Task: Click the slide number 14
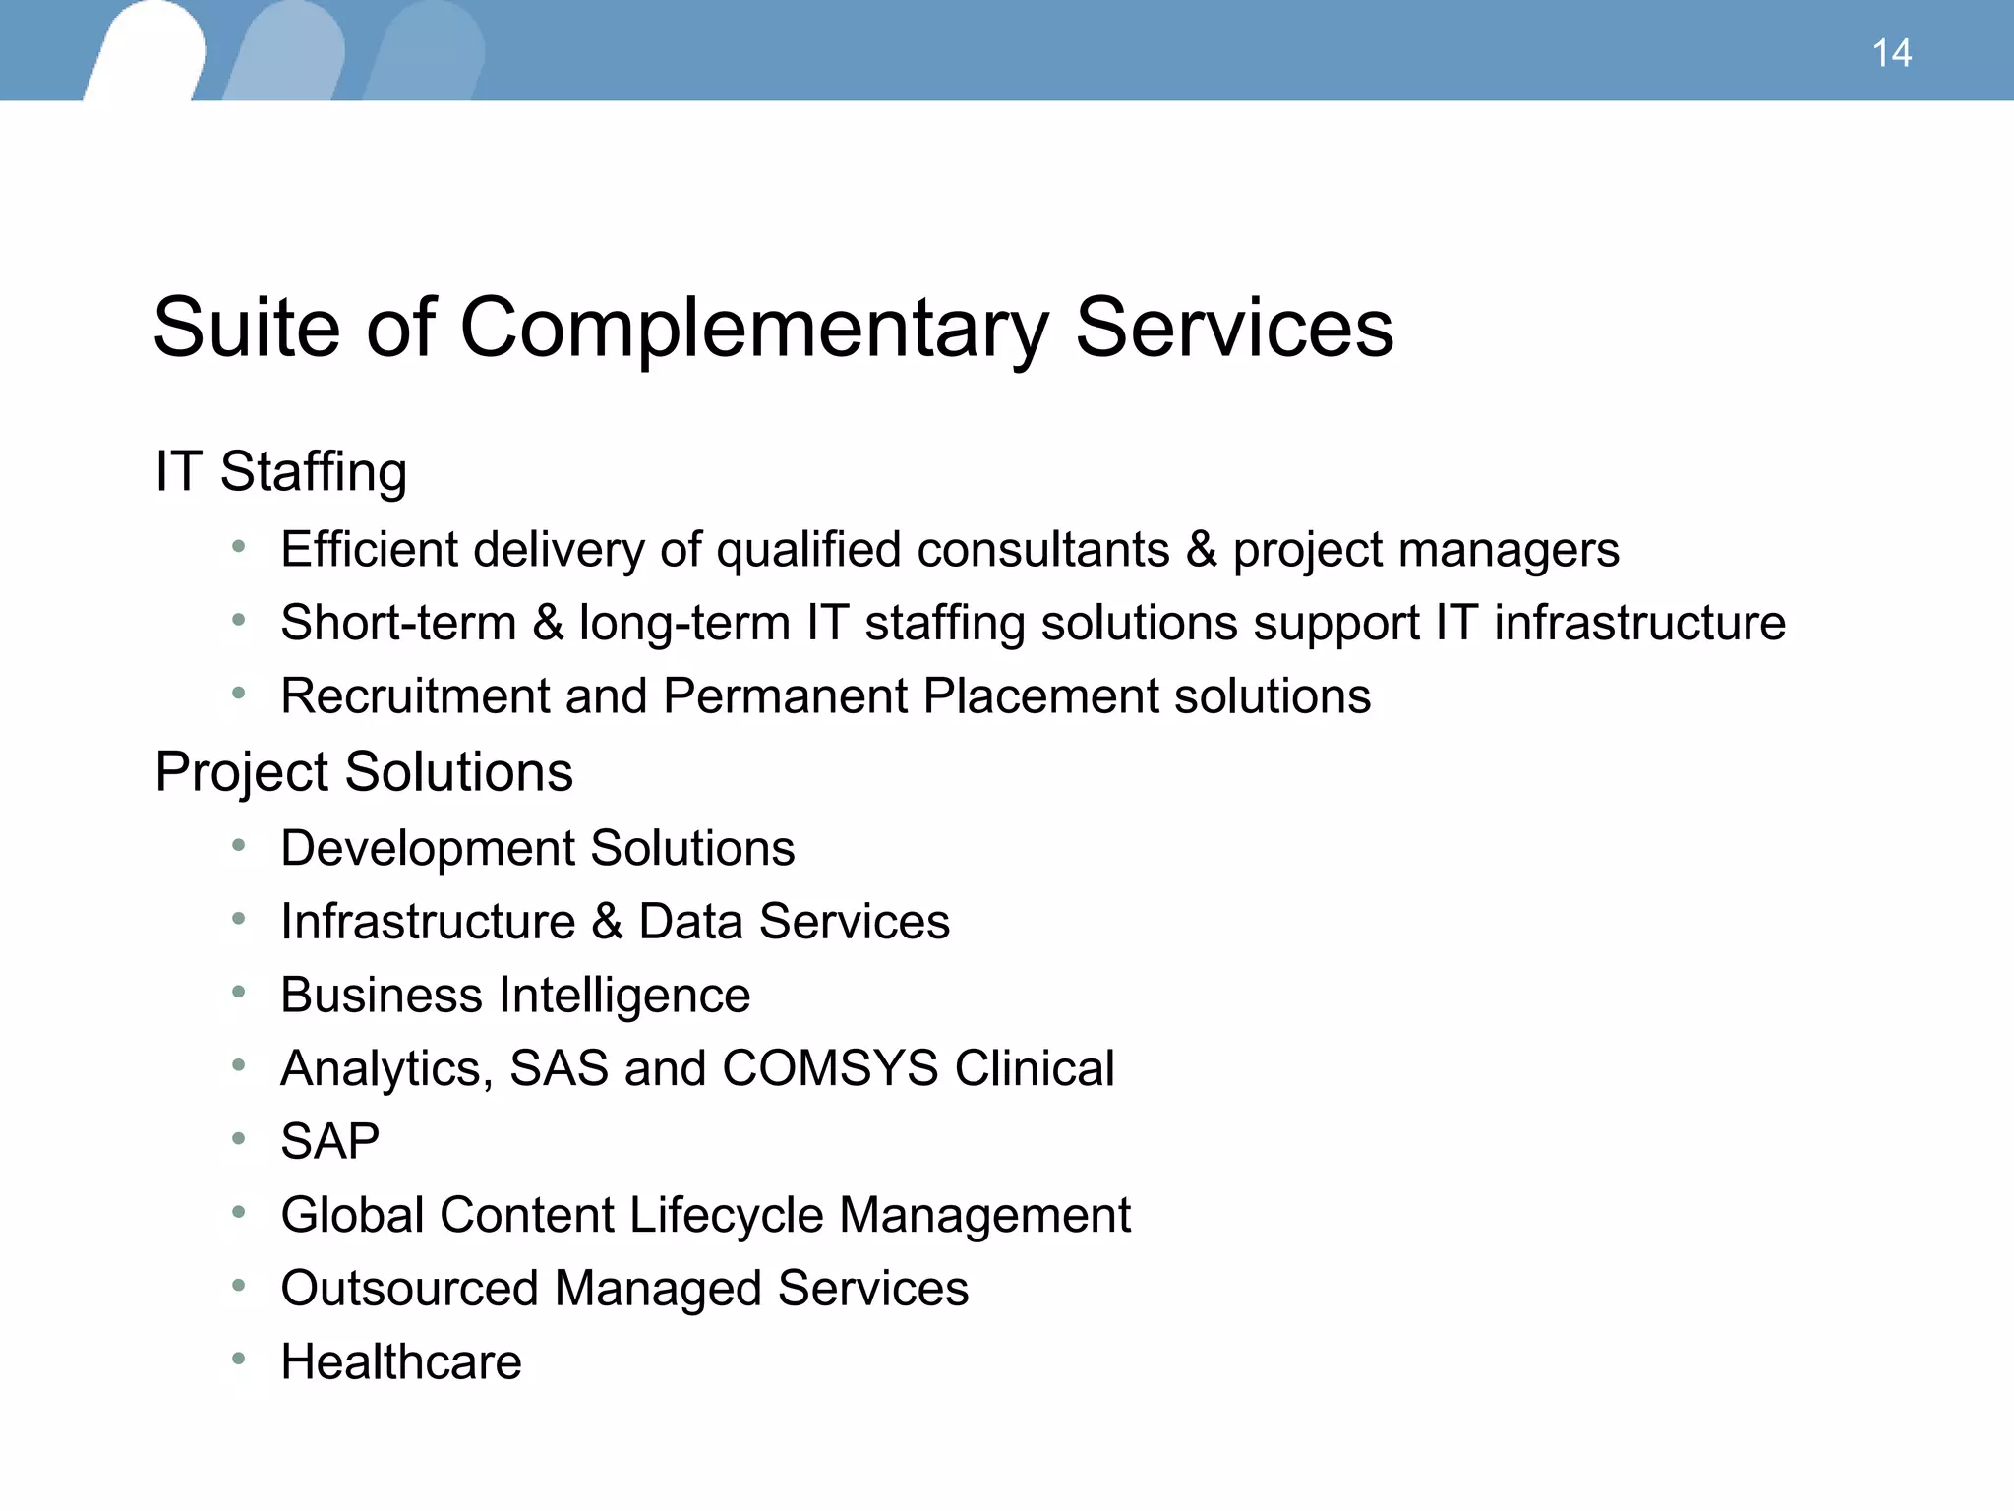(1891, 53)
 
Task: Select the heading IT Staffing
(280, 471)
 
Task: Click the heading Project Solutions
(363, 771)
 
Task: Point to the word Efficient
(369, 549)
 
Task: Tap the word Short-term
(398, 623)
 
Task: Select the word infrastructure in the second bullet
(1639, 623)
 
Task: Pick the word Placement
(1040, 696)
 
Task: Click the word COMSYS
(830, 1068)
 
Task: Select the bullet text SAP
(329, 1142)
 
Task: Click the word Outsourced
(409, 1289)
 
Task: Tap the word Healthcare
(401, 1362)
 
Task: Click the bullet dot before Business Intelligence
(238, 992)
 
